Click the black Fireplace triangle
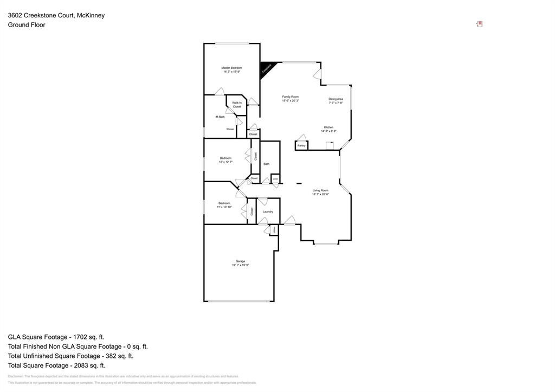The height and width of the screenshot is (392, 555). tap(266, 68)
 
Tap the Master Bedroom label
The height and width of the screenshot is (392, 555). tap(231, 68)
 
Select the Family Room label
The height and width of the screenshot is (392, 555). tap(291, 97)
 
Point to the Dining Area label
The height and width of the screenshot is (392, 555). tap(335, 99)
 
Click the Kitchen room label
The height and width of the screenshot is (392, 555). tap(328, 127)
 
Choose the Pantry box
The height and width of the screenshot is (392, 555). tap(301, 145)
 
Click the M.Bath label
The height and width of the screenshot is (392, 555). tap(220, 117)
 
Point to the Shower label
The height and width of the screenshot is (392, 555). tap(230, 129)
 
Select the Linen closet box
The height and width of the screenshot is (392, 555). tap(275, 178)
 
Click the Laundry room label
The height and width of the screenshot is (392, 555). tap(267, 211)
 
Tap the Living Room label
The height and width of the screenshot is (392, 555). tap(320, 190)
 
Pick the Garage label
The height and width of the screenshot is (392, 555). tap(240, 261)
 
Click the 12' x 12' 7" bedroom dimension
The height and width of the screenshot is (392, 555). tap(225, 162)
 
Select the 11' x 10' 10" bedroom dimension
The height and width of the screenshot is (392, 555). tap(224, 207)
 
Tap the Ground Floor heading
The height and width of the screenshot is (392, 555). tap(27, 24)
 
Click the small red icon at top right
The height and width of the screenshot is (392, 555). tap(479, 24)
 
